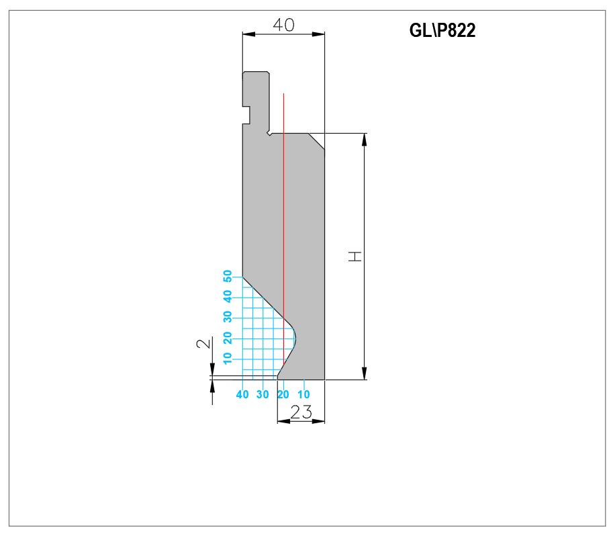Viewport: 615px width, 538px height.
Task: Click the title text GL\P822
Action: pos(442,30)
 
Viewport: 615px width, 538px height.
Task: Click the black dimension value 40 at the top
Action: pos(283,25)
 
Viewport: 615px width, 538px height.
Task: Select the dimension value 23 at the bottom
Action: pos(301,412)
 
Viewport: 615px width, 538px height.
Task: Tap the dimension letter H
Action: pos(355,257)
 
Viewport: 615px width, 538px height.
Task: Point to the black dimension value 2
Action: pos(203,343)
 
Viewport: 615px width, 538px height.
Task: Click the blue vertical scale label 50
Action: pos(228,276)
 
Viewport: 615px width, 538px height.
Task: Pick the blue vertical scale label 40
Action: pos(228,296)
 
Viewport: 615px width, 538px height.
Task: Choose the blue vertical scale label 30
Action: pos(228,316)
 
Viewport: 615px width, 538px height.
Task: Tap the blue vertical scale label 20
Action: pos(228,337)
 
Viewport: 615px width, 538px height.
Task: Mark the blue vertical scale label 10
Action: pos(228,358)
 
